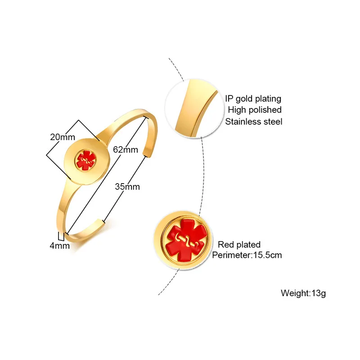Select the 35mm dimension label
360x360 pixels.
point(127,186)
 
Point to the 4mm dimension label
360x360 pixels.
point(60,246)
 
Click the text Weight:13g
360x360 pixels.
point(303,293)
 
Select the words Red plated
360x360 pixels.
point(239,245)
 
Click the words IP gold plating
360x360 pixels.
point(253,99)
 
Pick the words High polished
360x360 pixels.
point(254,110)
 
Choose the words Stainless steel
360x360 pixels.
point(254,121)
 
